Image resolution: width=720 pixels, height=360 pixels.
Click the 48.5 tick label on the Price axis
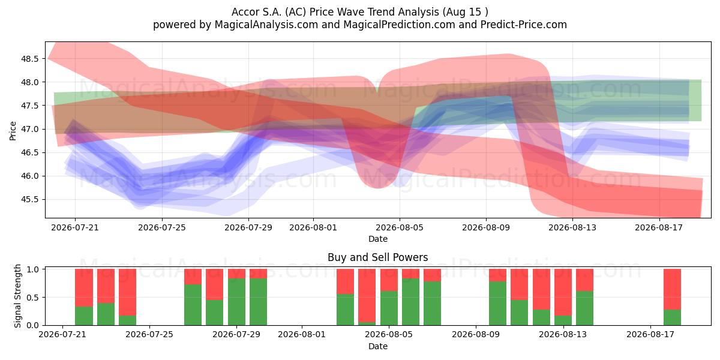coord(29,59)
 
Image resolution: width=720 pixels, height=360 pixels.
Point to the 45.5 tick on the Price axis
coord(29,200)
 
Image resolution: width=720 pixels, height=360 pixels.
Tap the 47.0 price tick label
coord(29,129)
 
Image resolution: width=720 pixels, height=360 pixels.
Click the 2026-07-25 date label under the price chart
coord(161,227)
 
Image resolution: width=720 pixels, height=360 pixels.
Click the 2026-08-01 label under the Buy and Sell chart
coord(301,335)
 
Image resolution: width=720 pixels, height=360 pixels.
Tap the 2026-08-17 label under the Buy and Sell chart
coord(650,335)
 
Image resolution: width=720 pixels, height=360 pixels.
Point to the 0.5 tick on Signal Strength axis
coord(35,298)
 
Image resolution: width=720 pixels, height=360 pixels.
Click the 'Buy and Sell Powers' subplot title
coord(377,257)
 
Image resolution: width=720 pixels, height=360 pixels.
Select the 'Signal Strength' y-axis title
coord(17,296)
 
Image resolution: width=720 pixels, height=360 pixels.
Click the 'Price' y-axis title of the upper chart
coord(13,131)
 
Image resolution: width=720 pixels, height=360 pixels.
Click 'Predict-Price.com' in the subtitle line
coord(524,25)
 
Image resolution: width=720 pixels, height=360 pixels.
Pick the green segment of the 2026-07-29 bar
coord(236,302)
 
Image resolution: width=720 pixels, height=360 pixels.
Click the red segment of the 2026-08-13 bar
coord(563,292)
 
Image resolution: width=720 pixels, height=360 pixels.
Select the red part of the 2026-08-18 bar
coord(672,289)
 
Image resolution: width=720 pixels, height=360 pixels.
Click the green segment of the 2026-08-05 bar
coord(389,308)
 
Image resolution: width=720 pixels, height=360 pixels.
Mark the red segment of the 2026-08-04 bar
coord(367,295)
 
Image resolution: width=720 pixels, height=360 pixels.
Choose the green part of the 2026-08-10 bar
coord(497,304)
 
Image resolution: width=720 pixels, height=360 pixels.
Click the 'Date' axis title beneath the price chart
coord(377,239)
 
